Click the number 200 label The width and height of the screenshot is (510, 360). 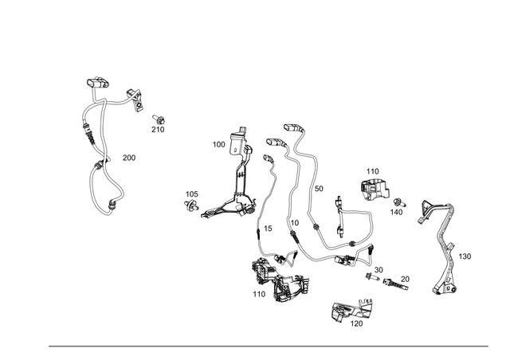pos(129,158)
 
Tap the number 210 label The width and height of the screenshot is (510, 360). pos(158,130)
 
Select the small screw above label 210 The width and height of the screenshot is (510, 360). pos(159,118)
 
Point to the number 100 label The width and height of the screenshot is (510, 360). pos(218,145)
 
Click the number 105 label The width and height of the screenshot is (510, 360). pos(192,194)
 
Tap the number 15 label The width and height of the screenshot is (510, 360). pos(268,229)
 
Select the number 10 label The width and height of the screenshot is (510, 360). pos(294,223)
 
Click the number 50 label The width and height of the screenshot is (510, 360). pos(319,189)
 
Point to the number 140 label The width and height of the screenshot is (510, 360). pos(397,213)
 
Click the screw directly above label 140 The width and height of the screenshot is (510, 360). pos(398,201)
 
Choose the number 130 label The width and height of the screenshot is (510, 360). pos(465,256)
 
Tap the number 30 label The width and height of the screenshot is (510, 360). pos(379,270)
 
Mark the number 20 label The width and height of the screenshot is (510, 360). pos(405,279)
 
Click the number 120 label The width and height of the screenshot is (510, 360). pos(356,324)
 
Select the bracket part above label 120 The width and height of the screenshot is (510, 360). pos(350,307)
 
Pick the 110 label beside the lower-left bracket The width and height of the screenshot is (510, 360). pos(259,294)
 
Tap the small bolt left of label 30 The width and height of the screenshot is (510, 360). pos(370,277)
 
